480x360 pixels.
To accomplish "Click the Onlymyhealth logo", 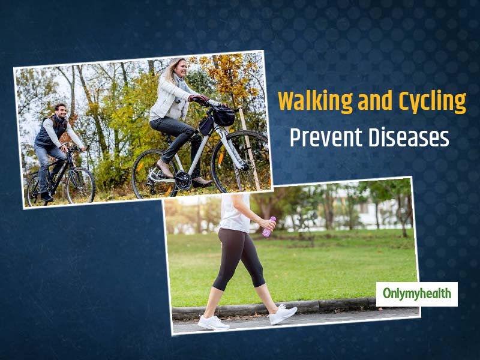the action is (x=416, y=294).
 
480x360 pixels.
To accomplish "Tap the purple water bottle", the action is (x=269, y=227).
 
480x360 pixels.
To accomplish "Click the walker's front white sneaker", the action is (x=283, y=314).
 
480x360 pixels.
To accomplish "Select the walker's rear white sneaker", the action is (x=213, y=323).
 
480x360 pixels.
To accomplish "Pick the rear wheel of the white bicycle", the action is (x=155, y=174).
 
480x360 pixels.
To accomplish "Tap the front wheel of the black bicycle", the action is (x=80, y=185).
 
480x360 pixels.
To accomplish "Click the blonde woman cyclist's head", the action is (x=178, y=68).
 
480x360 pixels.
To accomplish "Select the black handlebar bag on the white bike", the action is (x=223, y=116).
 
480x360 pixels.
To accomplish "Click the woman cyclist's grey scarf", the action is (x=181, y=86).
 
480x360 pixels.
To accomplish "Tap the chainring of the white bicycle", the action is (x=183, y=180).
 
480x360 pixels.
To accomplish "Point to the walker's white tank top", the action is (x=235, y=213).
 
